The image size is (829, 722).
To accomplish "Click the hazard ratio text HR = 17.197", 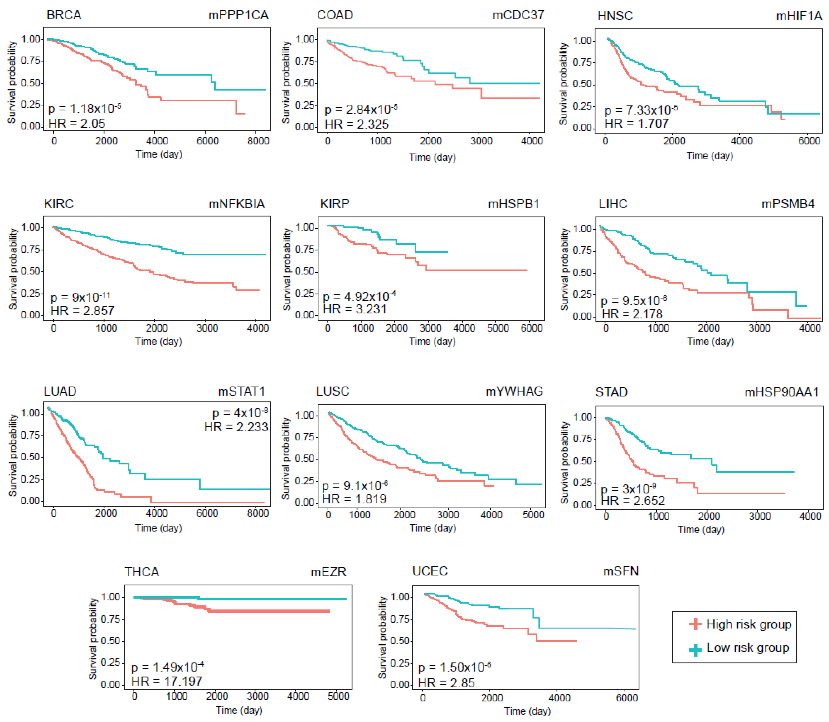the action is coord(167,681).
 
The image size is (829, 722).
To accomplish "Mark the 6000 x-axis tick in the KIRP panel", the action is coord(531,328).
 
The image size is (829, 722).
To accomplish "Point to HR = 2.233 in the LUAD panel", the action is coord(236,427).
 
